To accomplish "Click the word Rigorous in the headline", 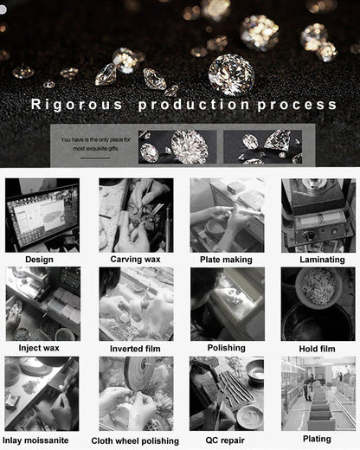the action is tap(76, 105).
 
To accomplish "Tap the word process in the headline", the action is tap(297, 105).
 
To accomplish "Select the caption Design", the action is tap(39, 260).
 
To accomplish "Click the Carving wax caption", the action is tap(135, 259).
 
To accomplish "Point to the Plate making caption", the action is tap(226, 260).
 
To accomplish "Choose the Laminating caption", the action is tap(322, 260).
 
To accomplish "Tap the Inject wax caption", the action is tap(39, 348).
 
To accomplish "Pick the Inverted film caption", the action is tap(135, 349).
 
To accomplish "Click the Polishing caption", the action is tap(227, 348).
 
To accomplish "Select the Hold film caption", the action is tap(317, 349).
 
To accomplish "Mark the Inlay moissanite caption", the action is tap(35, 440).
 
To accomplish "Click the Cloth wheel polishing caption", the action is tap(135, 441).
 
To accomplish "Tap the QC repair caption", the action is tap(225, 440).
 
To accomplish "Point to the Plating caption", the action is tap(317, 439).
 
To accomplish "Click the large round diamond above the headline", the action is tap(231, 74).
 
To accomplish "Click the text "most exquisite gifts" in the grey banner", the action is tap(95, 149).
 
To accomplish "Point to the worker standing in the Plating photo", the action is tap(309, 387).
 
